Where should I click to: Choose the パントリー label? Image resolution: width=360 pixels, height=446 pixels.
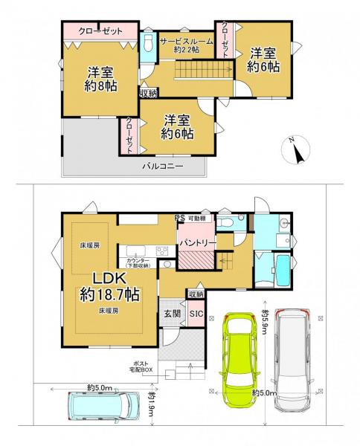pos(196,242)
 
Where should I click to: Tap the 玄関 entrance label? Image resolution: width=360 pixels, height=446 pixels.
pos(172,313)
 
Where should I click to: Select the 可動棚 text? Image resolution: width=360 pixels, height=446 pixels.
pos(198,218)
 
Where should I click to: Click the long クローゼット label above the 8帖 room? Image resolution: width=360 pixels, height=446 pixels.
pos(100,31)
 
